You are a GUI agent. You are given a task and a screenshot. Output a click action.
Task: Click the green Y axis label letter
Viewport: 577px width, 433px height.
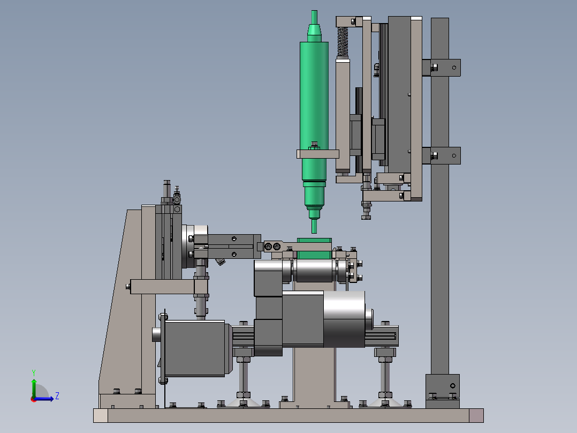pyautogui.click(x=34, y=372)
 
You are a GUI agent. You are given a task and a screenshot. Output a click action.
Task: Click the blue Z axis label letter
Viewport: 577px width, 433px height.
pyautogui.click(x=57, y=396)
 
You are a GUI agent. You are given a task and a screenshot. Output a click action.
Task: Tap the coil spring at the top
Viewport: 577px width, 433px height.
pyautogui.click(x=343, y=42)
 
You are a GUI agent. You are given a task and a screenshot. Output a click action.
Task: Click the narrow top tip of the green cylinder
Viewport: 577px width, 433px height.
pyautogui.click(x=314, y=17)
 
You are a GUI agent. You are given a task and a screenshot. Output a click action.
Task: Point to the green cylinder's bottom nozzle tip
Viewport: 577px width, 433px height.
pyautogui.click(x=314, y=226)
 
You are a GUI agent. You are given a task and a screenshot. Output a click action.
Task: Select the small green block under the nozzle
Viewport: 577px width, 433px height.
pyautogui.click(x=314, y=248)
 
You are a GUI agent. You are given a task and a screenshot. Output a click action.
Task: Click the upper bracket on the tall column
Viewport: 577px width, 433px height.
pyautogui.click(x=441, y=68)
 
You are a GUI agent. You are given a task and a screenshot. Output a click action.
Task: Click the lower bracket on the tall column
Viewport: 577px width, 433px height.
pyautogui.click(x=441, y=155)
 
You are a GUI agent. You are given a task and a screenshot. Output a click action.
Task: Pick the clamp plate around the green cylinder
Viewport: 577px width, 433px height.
pyautogui.click(x=318, y=154)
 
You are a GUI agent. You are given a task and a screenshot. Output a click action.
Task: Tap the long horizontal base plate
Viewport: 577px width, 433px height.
pyautogui.click(x=288, y=415)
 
